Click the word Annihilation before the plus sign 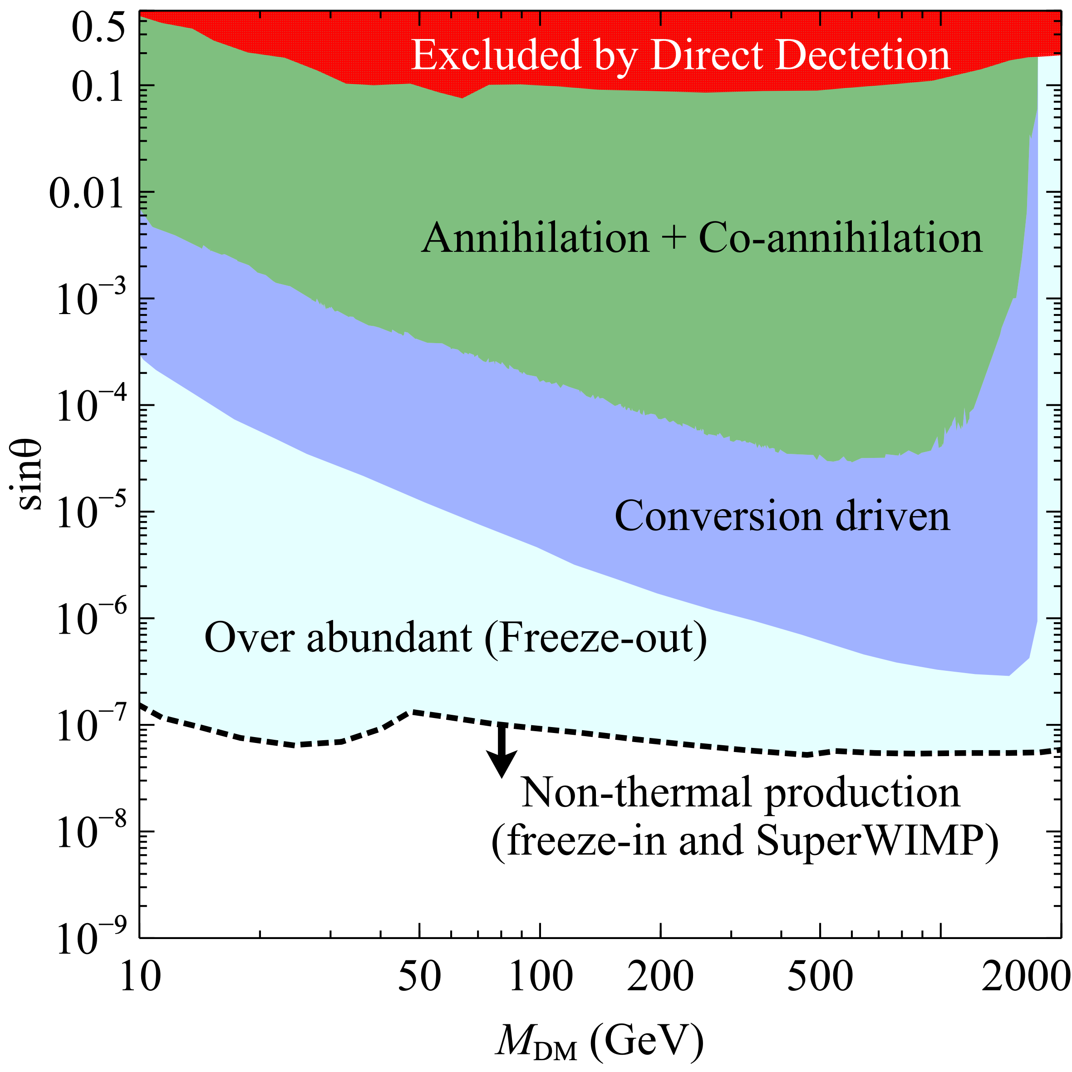click(535, 239)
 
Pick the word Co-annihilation click(840, 239)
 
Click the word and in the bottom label click(711, 841)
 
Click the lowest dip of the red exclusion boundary click(462, 98)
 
